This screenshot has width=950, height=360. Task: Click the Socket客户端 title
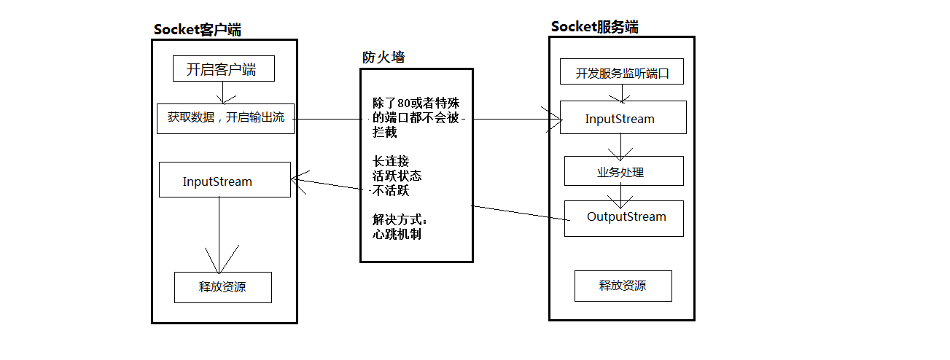tap(197, 30)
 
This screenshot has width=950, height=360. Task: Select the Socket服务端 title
tap(594, 27)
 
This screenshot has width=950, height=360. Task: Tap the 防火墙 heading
tap(383, 58)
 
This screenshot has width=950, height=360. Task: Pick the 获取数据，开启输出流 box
tap(225, 118)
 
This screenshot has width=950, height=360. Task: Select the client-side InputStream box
tap(225, 180)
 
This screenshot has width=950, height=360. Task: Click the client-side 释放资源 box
tap(222, 287)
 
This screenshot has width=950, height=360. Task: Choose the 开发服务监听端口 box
tap(622, 73)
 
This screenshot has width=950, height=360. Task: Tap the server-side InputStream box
tap(623, 118)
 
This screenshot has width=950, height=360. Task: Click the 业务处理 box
tap(623, 172)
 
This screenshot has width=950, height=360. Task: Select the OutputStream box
tap(623, 218)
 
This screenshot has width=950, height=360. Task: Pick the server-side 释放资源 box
tap(623, 286)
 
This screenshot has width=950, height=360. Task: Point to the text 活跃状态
tap(397, 176)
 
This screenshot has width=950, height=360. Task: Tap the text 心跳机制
tap(397, 235)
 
